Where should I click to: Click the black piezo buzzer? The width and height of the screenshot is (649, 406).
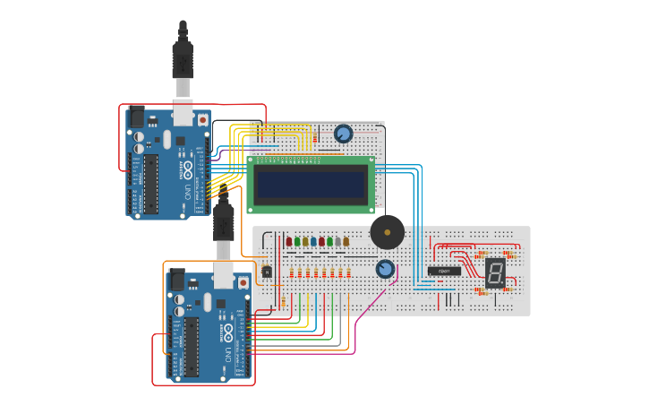tap(387, 232)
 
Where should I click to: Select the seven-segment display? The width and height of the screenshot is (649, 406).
tap(495, 272)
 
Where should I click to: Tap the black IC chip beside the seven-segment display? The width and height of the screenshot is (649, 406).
tap(444, 271)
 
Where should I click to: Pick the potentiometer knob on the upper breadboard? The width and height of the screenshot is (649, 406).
tap(343, 134)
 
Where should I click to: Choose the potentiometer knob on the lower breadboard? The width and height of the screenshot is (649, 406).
tap(385, 269)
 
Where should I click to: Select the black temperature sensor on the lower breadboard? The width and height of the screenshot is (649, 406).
tap(266, 272)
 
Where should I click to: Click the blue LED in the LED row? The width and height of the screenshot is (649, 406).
tap(313, 241)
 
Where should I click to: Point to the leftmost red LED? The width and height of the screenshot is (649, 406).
tap(288, 241)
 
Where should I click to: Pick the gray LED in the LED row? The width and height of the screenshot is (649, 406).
tap(337, 241)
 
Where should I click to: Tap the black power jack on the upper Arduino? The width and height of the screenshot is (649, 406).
tap(137, 117)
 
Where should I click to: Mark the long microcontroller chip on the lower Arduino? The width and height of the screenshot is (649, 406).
tap(191, 345)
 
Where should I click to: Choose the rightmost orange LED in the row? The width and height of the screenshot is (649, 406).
tap(346, 241)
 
